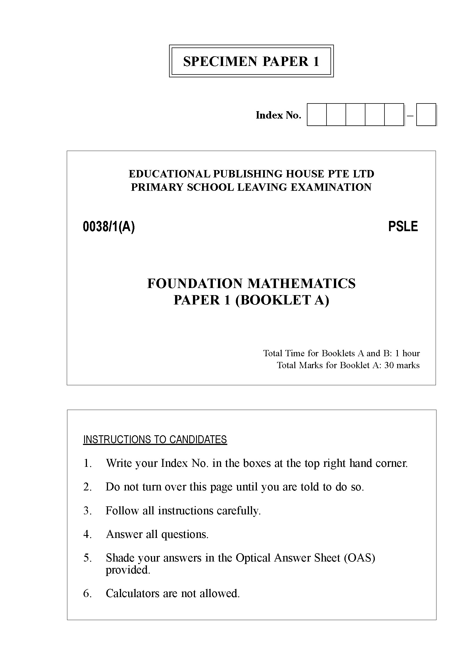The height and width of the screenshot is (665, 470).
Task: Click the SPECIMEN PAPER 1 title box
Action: click(251, 61)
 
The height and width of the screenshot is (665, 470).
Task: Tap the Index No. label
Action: click(278, 115)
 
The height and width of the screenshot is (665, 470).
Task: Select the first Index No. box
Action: click(317, 115)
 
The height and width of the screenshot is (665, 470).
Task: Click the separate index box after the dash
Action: click(426, 115)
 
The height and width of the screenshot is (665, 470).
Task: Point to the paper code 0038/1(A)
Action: click(109, 227)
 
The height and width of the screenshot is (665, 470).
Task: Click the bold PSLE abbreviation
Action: click(403, 227)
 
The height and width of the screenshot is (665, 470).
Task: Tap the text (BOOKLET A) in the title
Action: click(282, 300)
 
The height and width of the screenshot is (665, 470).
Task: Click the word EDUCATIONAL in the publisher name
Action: click(169, 174)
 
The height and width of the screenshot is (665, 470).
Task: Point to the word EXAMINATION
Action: click(331, 187)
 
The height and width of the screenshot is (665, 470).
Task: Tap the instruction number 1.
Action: click(88, 463)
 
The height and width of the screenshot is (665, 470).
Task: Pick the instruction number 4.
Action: click(88, 534)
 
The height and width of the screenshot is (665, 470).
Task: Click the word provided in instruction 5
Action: click(128, 570)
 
